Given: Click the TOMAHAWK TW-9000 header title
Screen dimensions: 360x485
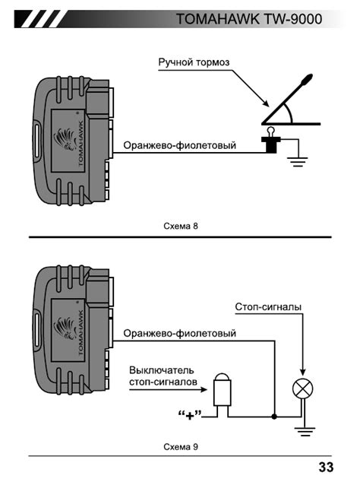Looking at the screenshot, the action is [249, 19].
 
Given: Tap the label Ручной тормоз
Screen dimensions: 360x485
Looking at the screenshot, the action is [194, 62].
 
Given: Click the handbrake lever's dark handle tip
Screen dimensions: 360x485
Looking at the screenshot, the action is [307, 79].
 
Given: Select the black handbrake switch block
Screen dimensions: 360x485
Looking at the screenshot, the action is [271, 144].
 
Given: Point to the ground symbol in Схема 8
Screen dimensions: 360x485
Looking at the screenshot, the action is [297, 162].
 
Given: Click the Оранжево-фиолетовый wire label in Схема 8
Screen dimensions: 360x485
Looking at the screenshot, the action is [179, 145].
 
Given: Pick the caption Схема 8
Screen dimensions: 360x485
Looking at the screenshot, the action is [181, 226].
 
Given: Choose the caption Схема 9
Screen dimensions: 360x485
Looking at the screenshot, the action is [181, 447].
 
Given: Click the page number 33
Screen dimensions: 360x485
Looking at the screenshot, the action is [326, 467].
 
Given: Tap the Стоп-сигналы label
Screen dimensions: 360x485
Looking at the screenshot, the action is [268, 307].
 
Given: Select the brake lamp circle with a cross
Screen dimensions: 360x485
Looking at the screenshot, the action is [302, 389].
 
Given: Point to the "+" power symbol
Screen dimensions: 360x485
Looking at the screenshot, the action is [190, 415].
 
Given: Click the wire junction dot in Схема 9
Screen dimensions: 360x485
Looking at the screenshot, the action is [274, 417].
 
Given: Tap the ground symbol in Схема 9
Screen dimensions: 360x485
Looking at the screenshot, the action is [305, 432].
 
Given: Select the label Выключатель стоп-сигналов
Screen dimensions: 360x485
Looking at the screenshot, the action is [163, 376].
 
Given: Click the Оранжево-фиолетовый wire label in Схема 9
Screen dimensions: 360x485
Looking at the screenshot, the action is [179, 333].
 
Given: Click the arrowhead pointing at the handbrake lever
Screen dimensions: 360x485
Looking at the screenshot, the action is [265, 103].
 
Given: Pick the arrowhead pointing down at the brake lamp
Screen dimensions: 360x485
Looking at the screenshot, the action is [303, 372].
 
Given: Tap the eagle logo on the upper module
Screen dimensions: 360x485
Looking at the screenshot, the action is [65, 140].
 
